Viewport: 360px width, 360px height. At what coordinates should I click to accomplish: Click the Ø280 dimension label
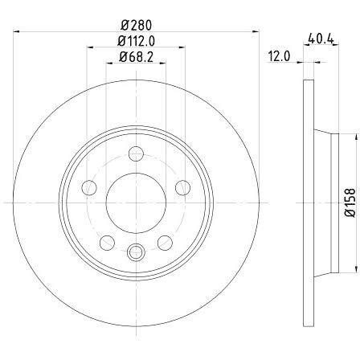(x=136, y=25)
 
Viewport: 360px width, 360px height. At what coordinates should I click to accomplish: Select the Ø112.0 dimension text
(x=136, y=41)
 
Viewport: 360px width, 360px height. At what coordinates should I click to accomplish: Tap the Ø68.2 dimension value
(x=136, y=57)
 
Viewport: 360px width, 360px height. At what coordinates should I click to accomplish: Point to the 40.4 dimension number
(x=321, y=39)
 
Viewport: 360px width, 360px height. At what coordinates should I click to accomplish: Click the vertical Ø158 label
(x=350, y=202)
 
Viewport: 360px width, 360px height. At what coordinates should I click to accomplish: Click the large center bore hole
(x=136, y=202)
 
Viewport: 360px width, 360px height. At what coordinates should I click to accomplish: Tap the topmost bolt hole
(x=136, y=153)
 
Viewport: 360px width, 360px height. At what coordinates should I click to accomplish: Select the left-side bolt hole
(x=89, y=187)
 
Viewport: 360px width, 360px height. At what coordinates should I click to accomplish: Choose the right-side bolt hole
(x=183, y=187)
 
